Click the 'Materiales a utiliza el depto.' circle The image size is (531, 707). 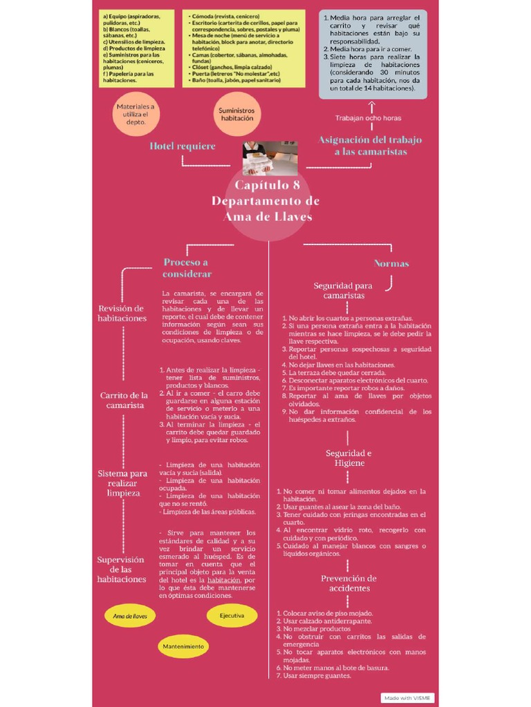click(136, 114)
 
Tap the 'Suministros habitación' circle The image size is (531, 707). click(236, 114)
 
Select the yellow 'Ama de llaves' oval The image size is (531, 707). click(130, 616)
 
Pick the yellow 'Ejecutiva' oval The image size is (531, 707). click(232, 614)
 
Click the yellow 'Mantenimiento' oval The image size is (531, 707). click(183, 646)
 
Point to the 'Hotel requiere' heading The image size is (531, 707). click(183, 146)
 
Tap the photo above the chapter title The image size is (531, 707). click(270, 158)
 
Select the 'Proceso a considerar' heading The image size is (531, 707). click(187, 268)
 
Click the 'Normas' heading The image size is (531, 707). click(391, 263)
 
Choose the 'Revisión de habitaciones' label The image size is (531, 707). click(122, 313)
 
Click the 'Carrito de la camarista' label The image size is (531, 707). click(125, 400)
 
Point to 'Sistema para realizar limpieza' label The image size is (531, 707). click(122, 483)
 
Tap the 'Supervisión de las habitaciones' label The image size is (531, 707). click(121, 569)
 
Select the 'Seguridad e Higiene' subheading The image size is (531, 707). click(349, 458)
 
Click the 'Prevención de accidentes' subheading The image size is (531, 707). click(349, 583)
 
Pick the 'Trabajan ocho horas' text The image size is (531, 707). click(368, 118)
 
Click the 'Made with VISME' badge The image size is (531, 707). click(407, 697)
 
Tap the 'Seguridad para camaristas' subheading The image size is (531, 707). click(343, 290)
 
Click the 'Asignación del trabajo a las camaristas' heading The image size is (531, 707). click(370, 146)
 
